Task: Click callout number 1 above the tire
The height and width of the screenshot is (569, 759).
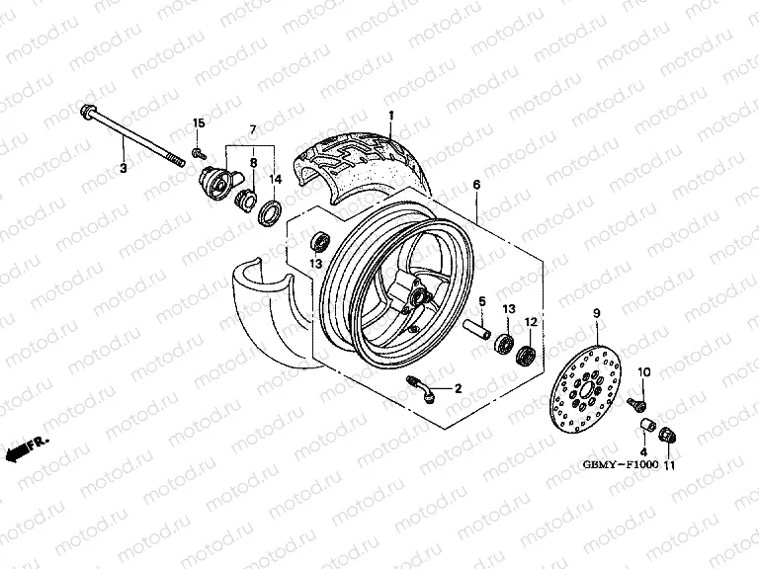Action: (390, 116)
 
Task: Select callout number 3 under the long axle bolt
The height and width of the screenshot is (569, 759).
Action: (124, 170)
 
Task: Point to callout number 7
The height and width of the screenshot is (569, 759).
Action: (252, 129)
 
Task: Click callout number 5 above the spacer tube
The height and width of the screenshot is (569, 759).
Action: (483, 301)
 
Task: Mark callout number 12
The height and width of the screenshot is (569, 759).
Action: (530, 322)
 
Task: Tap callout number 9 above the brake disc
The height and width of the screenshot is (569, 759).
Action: (597, 313)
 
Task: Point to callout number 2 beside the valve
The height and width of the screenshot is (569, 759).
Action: (459, 389)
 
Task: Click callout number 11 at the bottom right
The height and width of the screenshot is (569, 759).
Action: (669, 465)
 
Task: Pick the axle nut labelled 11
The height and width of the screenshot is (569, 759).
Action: (666, 433)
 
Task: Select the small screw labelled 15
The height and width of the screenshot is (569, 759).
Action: (199, 150)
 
